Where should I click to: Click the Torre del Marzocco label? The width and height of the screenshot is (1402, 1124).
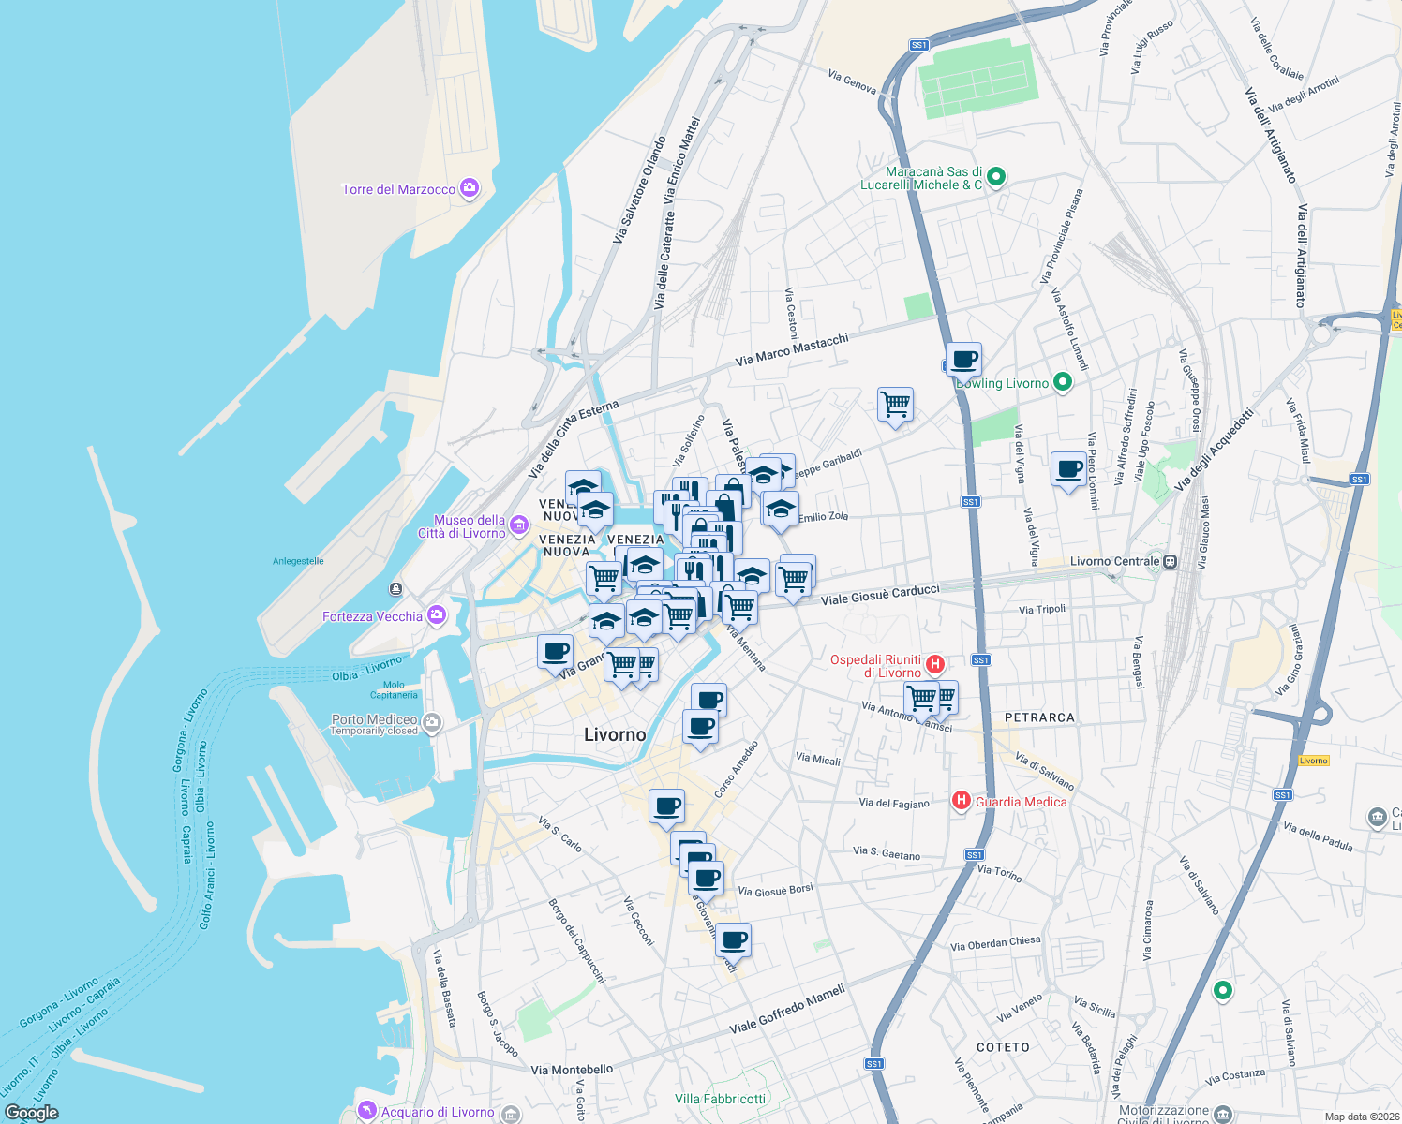(x=398, y=189)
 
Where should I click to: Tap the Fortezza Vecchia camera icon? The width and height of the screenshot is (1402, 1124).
(x=437, y=615)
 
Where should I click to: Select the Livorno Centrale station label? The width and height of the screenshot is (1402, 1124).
(x=1114, y=561)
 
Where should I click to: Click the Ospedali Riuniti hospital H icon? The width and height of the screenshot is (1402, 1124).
(x=934, y=665)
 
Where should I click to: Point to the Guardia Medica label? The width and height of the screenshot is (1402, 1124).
(x=1021, y=802)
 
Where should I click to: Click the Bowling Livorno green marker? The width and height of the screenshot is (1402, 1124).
(x=1062, y=382)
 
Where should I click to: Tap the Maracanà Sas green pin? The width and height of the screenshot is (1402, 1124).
(x=996, y=176)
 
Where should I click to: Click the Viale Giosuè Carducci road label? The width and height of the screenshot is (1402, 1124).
(x=879, y=594)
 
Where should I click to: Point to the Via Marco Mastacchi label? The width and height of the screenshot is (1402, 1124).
(x=792, y=349)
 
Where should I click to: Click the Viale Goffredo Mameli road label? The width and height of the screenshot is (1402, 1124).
(x=787, y=1009)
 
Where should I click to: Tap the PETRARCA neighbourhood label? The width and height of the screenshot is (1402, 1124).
(x=1039, y=717)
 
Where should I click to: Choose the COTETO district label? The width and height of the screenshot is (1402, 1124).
(x=1003, y=1047)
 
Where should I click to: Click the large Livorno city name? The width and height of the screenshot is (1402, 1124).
(x=615, y=734)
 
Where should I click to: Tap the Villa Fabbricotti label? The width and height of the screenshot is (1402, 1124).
(x=720, y=1099)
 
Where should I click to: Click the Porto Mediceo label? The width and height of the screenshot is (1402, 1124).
(x=374, y=719)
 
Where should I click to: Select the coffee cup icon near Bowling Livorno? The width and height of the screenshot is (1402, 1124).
(x=963, y=358)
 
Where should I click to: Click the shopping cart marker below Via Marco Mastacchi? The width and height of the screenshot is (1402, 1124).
(x=895, y=405)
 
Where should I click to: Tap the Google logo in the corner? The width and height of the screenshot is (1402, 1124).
(x=31, y=1113)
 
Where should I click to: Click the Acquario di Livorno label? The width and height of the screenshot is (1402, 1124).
(x=437, y=1112)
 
